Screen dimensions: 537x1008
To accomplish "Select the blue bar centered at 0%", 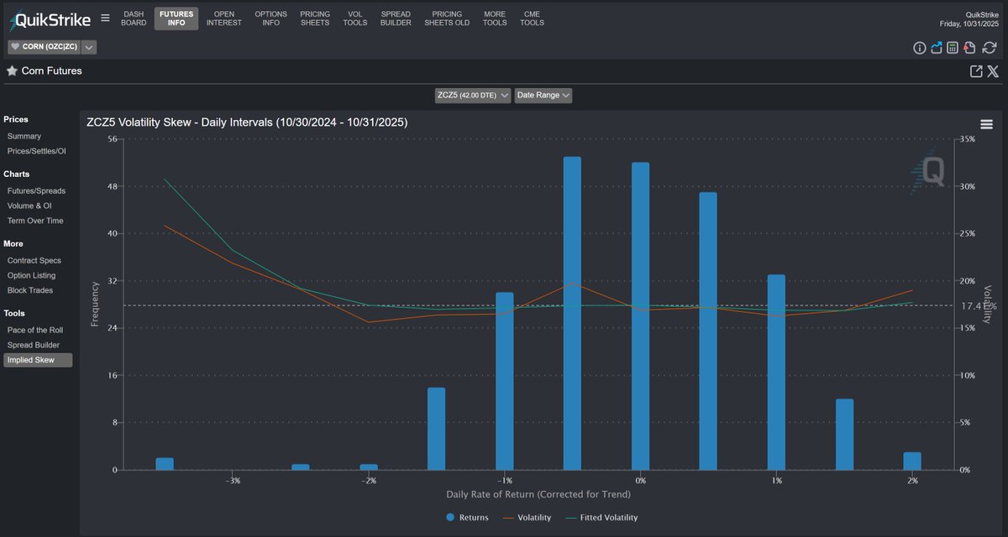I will pyautogui.click(x=640, y=316).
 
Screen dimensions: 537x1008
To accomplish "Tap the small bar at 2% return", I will pyautogui.click(x=912, y=461).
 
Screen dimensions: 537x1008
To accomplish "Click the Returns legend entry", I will pyautogui.click(x=467, y=518).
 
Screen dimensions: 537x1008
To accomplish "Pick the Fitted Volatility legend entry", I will pyautogui.click(x=601, y=518).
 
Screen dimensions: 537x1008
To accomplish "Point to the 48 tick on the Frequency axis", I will pyautogui.click(x=112, y=186).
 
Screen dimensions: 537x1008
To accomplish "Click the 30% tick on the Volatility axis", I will pyautogui.click(x=968, y=186).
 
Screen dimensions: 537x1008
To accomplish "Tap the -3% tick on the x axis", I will pyautogui.click(x=233, y=481).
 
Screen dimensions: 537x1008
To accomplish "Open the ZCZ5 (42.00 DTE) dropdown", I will pyautogui.click(x=473, y=96).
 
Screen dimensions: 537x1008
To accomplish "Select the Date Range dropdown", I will pyautogui.click(x=543, y=96).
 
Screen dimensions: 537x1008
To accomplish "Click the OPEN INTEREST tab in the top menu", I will pyautogui.click(x=224, y=18).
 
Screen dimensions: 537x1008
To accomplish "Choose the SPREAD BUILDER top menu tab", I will pyautogui.click(x=396, y=18).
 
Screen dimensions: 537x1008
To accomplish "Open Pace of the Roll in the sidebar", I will pyautogui.click(x=34, y=330).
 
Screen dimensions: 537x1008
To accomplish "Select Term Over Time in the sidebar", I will pyautogui.click(x=35, y=221).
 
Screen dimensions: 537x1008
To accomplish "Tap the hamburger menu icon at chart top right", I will pyautogui.click(x=986, y=124).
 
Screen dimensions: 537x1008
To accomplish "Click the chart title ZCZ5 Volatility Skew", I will pyautogui.click(x=247, y=123).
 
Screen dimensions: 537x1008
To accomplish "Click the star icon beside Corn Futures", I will pyautogui.click(x=12, y=71).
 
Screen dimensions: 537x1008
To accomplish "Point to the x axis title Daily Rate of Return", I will pyautogui.click(x=538, y=494).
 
